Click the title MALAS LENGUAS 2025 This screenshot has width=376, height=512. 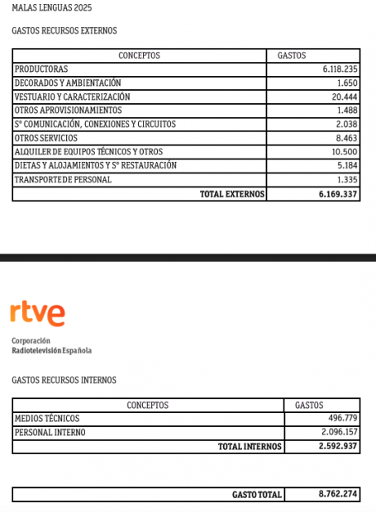[x=52, y=7]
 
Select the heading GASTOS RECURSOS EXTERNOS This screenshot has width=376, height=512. [x=64, y=31]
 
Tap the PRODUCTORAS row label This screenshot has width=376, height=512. [x=41, y=69]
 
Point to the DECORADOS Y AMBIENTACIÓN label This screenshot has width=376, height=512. [x=68, y=83]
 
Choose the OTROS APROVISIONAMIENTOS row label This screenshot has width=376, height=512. [x=68, y=111]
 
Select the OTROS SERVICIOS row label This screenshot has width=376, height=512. [x=46, y=138]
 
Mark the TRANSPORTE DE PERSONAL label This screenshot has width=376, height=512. [x=63, y=179]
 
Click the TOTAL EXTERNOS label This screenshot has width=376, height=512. [x=232, y=194]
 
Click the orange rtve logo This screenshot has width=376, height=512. [x=37, y=314]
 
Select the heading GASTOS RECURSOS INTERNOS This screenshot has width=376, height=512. [x=64, y=380]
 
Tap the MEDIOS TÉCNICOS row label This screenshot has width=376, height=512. [x=48, y=419]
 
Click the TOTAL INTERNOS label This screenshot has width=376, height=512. [x=250, y=446]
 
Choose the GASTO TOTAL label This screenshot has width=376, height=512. [x=257, y=495]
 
